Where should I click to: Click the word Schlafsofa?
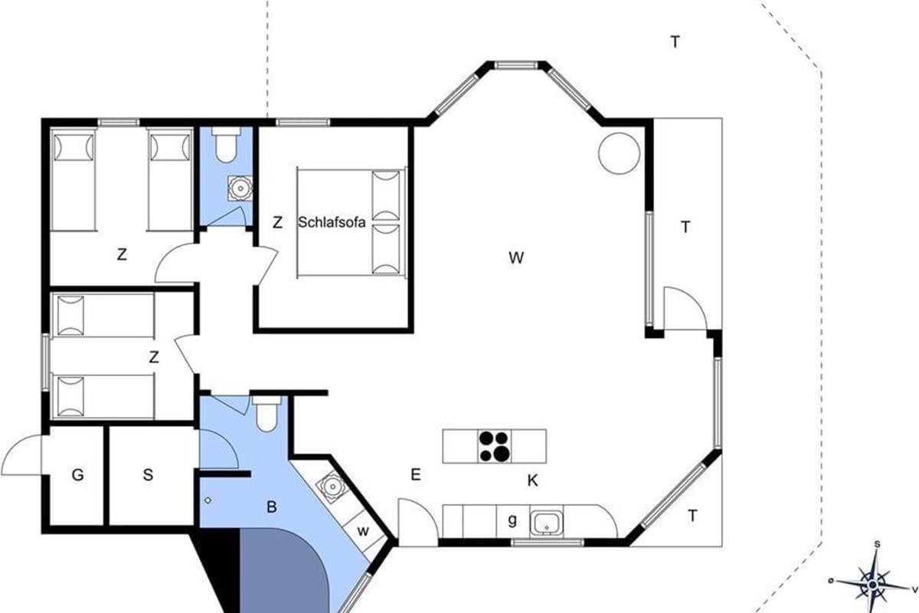[332, 222]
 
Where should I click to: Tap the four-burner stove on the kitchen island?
[495, 446]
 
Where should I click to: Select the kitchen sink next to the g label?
[546, 523]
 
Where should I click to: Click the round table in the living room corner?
[619, 153]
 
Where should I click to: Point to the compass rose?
[872, 584]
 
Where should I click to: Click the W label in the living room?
[516, 258]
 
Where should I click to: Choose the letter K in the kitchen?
[532, 480]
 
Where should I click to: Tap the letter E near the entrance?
[416, 474]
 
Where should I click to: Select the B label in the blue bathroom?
[272, 507]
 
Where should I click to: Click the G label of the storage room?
[77, 475]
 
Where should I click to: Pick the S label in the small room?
[148, 475]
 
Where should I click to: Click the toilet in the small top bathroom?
[226, 144]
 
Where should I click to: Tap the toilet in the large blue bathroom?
[267, 414]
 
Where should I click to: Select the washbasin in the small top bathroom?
[240, 188]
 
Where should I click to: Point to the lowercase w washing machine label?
[363, 531]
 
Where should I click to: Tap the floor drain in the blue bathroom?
[208, 500]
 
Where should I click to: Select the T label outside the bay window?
[675, 42]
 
